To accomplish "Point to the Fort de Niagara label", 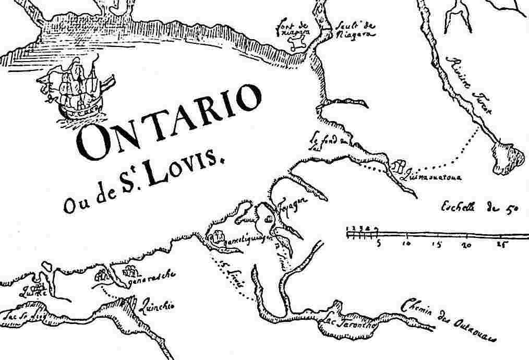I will pyautogui.click(x=294, y=27).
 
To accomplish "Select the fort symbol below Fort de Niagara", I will pyautogui.click(x=298, y=46).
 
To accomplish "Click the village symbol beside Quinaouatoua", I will pyautogui.click(x=398, y=167).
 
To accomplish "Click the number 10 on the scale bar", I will pyautogui.click(x=407, y=244).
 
